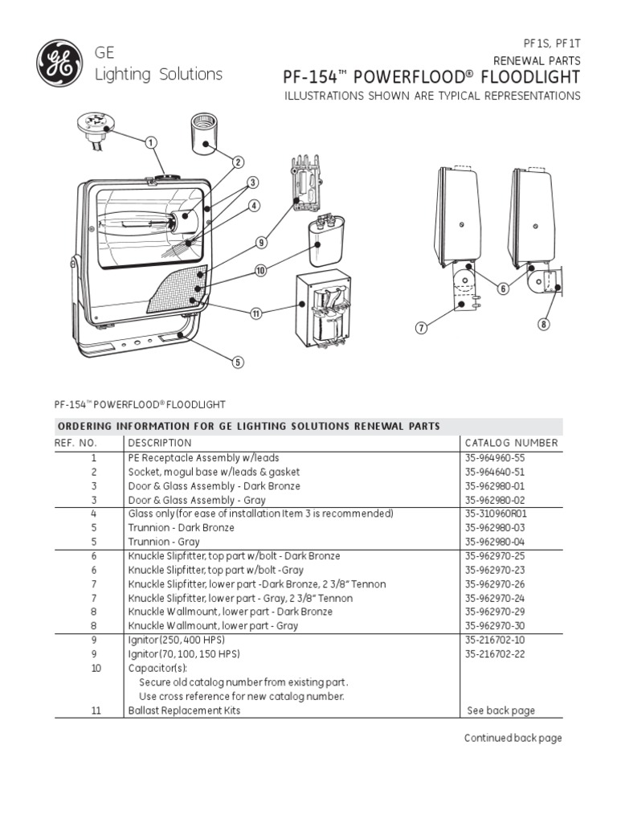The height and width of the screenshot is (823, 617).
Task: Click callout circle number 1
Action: [x=149, y=142]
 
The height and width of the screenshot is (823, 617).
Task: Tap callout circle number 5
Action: [x=238, y=362]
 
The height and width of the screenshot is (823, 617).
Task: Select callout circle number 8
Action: [x=544, y=325]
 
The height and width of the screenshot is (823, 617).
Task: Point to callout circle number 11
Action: [x=256, y=313]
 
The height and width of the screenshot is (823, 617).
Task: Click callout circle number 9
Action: [x=261, y=242]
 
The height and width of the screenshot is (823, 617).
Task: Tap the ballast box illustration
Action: [x=327, y=312]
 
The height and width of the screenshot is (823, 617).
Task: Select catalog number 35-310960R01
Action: [x=493, y=513]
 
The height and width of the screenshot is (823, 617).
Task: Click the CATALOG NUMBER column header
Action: [x=511, y=443]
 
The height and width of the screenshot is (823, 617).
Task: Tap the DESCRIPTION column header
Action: [x=160, y=443]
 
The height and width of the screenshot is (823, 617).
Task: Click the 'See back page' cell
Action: [x=501, y=710]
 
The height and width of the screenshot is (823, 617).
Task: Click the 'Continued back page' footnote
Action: [x=513, y=738]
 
